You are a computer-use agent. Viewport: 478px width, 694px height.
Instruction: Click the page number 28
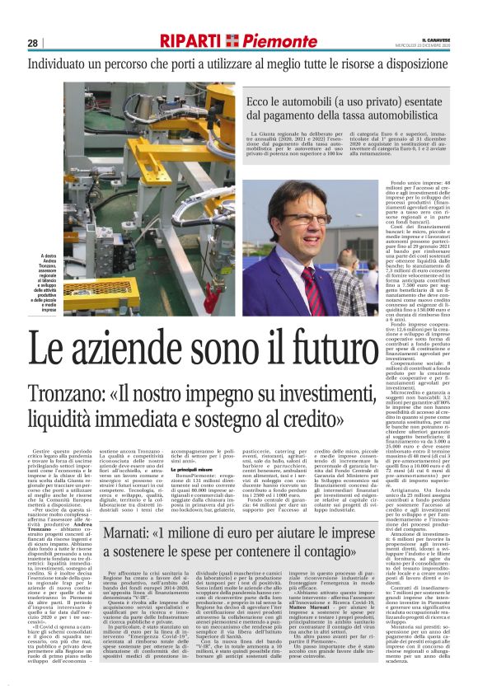tap(32, 44)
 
